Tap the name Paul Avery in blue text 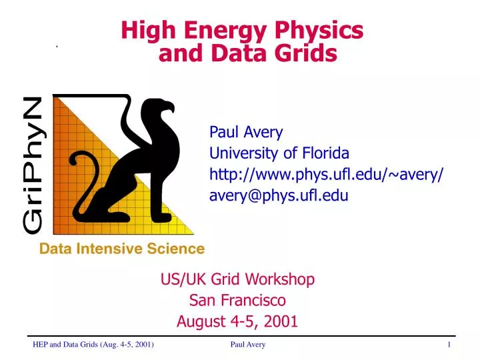[x=246, y=132]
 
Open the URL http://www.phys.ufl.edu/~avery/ [x=327, y=175]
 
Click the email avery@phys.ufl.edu [x=279, y=195]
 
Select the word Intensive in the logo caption [x=117, y=249]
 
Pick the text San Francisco [x=237, y=300]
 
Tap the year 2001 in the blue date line [x=281, y=321]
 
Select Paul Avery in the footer [x=247, y=344]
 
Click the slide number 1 [x=449, y=344]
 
